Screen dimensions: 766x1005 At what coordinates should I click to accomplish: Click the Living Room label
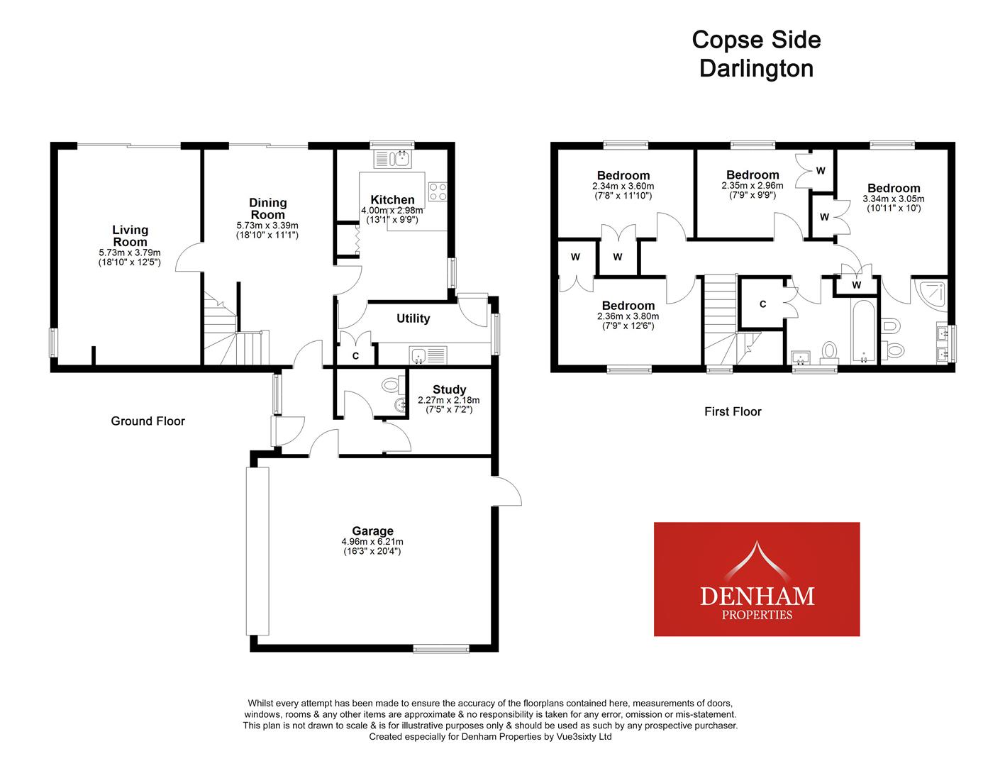(x=130, y=235)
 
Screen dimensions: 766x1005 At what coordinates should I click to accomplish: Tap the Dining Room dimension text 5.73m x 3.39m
(x=267, y=226)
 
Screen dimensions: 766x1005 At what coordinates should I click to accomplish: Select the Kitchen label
(x=392, y=200)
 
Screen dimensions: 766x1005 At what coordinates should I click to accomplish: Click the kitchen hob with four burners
(x=438, y=191)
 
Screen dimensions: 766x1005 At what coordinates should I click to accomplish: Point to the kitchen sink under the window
(x=401, y=157)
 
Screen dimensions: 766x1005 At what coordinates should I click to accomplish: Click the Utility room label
(x=413, y=318)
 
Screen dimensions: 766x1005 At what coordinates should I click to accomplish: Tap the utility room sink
(x=426, y=355)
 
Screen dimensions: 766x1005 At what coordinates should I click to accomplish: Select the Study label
(x=449, y=389)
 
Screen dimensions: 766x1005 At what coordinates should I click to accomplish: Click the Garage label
(x=372, y=531)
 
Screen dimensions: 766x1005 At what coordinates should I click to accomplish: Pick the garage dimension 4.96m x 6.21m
(x=372, y=542)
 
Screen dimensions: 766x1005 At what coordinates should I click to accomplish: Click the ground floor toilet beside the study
(x=392, y=385)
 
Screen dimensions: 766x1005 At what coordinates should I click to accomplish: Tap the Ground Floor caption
(x=148, y=421)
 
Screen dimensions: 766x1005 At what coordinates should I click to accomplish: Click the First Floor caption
(x=733, y=411)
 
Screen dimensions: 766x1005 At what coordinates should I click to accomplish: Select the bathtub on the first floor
(x=864, y=332)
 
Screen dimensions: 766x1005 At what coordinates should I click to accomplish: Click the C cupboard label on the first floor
(x=762, y=304)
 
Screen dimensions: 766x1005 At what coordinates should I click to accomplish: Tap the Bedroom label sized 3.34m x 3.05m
(x=893, y=188)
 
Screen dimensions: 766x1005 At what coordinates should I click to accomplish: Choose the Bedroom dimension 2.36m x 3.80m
(x=628, y=316)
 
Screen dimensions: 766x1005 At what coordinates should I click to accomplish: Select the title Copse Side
(x=756, y=40)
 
